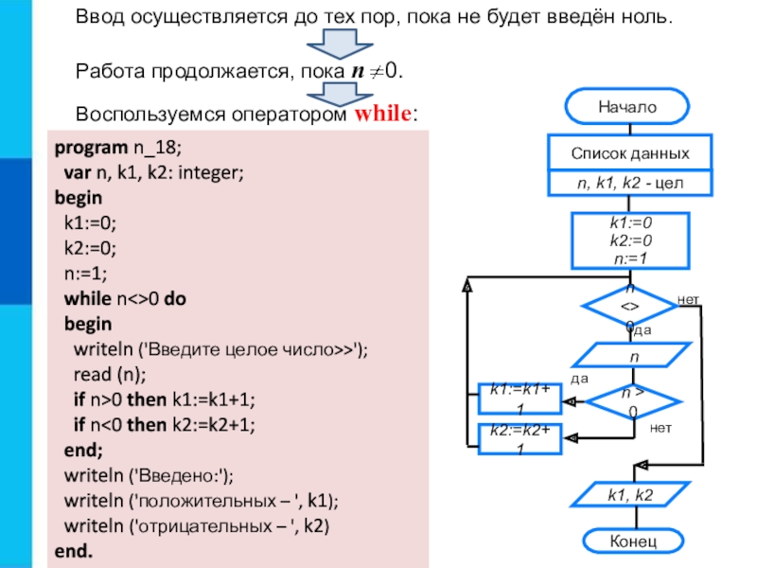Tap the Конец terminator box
click(x=626, y=541)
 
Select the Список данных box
click(x=629, y=152)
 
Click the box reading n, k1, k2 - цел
click(x=629, y=182)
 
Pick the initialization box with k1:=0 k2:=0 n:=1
click(x=629, y=240)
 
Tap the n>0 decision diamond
click(x=629, y=399)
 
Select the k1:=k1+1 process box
click(x=520, y=399)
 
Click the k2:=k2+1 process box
click(x=520, y=438)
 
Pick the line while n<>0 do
click(x=125, y=298)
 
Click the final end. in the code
click(x=74, y=550)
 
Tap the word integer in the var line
click(x=211, y=173)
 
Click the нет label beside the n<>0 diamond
click(x=689, y=300)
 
